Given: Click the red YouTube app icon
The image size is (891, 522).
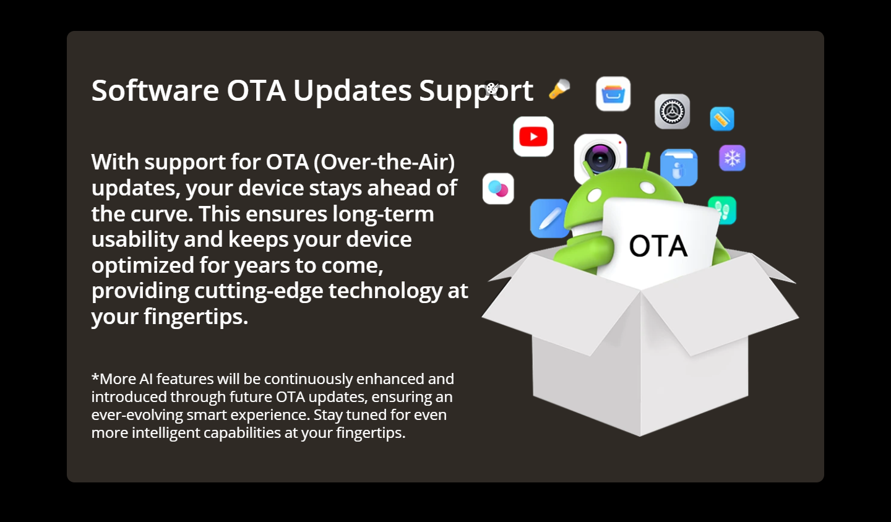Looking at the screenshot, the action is pos(533,136).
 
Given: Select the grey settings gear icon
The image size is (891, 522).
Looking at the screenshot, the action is pos(672,111).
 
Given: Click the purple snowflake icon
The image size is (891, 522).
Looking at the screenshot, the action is pos(733,158).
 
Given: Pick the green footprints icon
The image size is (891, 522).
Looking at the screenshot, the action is pos(723,210).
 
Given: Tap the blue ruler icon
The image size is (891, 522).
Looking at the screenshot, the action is pos(722,119).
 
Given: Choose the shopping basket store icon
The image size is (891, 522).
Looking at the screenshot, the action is pos(613,94).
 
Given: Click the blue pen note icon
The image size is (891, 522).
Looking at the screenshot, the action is pos(550,218).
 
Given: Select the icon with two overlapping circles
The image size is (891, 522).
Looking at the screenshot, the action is pos(498,189).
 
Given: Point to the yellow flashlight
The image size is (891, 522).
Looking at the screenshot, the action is pos(559,89).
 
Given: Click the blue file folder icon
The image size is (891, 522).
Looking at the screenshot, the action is pos(679,168).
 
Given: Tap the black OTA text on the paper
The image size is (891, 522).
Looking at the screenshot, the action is pos(658,246).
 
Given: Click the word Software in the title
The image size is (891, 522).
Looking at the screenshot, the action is pos(155,90).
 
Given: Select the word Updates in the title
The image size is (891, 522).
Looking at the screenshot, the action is pos(353,91).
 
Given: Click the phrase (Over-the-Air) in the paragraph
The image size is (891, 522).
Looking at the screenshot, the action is pos(384,162).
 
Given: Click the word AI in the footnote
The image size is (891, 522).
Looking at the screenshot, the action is pos(146,379).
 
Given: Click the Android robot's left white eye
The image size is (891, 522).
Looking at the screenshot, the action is pos(594,195).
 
